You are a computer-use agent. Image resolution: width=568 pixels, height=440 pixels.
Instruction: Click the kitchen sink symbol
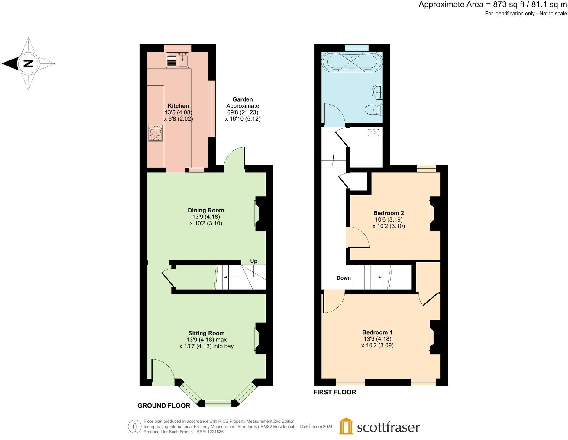(177, 60)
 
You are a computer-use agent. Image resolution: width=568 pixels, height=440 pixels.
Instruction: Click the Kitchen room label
(178, 106)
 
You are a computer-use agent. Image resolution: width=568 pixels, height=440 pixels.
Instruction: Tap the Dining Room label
(206, 210)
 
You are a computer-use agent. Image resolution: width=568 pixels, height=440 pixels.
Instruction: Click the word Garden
(243, 99)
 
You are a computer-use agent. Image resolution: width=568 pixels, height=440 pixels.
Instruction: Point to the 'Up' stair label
(253, 261)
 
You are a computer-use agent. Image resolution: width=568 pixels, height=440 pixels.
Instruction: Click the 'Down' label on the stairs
(344, 278)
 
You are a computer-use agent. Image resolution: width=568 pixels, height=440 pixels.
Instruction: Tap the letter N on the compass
(28, 64)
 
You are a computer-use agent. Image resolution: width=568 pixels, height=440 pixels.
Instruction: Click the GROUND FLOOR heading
(164, 406)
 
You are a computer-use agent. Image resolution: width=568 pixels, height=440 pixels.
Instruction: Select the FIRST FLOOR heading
(335, 392)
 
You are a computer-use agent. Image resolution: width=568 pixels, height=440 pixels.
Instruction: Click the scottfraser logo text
(388, 427)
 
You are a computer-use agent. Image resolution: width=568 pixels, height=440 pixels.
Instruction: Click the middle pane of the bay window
(218, 403)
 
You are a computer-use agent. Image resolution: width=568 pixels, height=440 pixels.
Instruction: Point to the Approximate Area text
(492, 5)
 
